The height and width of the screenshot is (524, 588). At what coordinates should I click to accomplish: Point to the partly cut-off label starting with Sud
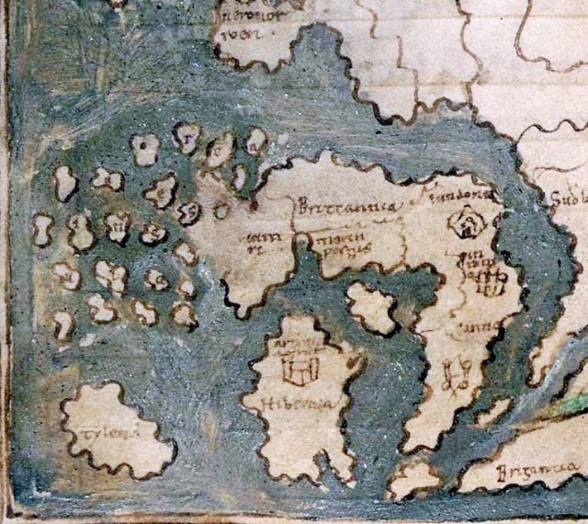(x=569, y=198)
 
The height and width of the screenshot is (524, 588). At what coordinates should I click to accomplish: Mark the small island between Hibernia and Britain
(x=371, y=308)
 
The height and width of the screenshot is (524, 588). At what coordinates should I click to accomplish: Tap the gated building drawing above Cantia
(x=488, y=279)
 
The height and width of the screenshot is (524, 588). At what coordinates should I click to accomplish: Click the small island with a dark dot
(x=144, y=148)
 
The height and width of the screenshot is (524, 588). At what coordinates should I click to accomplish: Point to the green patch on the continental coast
(x=573, y=402)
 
